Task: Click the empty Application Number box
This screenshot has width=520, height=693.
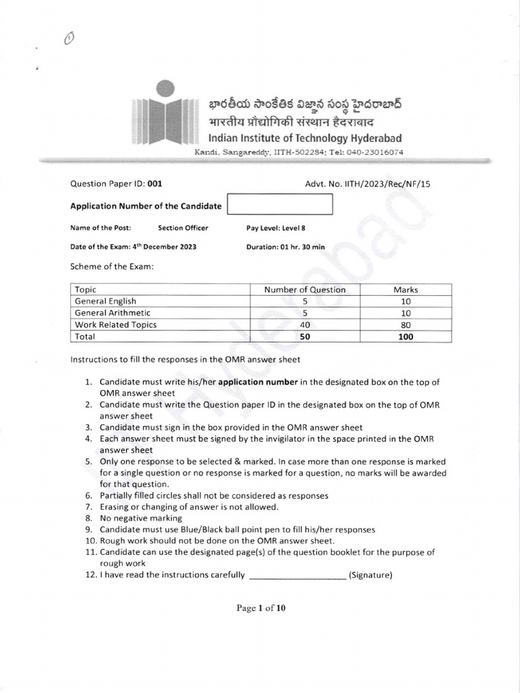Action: tap(280, 205)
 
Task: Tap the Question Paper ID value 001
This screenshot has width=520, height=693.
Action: tap(154, 183)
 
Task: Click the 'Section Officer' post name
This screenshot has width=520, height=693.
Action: tap(183, 228)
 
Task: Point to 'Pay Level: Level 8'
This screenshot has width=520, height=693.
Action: tap(276, 228)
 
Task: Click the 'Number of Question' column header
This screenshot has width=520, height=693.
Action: tap(305, 290)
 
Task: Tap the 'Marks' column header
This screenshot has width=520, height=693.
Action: tap(406, 290)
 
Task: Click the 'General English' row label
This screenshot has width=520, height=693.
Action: tap(106, 301)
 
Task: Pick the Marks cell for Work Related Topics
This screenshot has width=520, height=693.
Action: tap(406, 324)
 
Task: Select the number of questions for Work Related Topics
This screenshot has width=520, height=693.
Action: tap(305, 324)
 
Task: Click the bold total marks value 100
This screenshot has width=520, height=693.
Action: tap(406, 336)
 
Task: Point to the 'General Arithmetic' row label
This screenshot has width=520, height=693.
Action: tap(112, 313)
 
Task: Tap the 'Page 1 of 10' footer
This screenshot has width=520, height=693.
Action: tap(261, 608)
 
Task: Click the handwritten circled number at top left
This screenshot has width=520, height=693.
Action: tap(68, 40)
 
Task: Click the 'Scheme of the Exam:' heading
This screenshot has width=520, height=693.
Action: tap(112, 267)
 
